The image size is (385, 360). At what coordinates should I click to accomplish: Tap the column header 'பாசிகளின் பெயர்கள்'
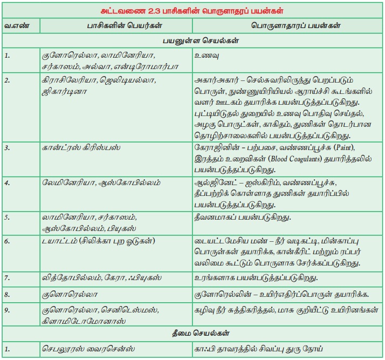pos(116,25)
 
